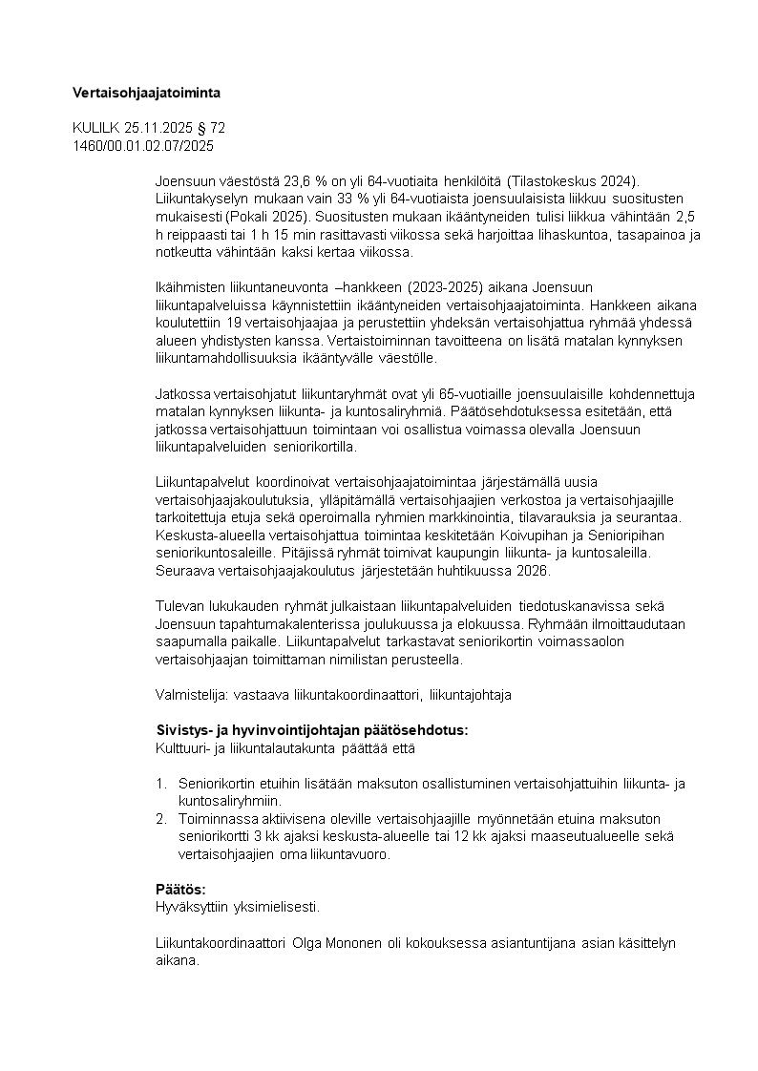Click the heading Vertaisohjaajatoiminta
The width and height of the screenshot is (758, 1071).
click(x=146, y=93)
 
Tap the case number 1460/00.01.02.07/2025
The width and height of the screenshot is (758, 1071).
click(x=143, y=146)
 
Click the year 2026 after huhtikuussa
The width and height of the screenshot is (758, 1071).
click(x=533, y=571)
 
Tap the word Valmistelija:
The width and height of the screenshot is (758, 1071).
click(x=185, y=695)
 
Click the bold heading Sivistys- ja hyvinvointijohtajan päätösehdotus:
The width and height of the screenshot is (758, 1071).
click(x=311, y=730)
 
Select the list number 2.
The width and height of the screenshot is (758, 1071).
click(x=161, y=819)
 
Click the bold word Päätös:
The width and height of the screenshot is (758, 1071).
click(x=180, y=889)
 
